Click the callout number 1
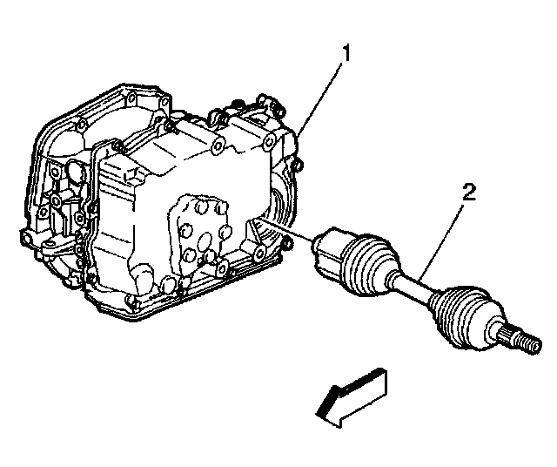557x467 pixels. [345, 53]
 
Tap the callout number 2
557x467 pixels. [468, 193]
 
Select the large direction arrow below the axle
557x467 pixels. [351, 397]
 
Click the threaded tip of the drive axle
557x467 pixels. [531, 343]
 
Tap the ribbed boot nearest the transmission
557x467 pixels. [368, 264]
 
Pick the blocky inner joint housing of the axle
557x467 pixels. [329, 251]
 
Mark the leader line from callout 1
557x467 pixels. [319, 98]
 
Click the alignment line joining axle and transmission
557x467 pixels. [286, 230]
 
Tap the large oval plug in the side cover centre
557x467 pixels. [205, 241]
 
